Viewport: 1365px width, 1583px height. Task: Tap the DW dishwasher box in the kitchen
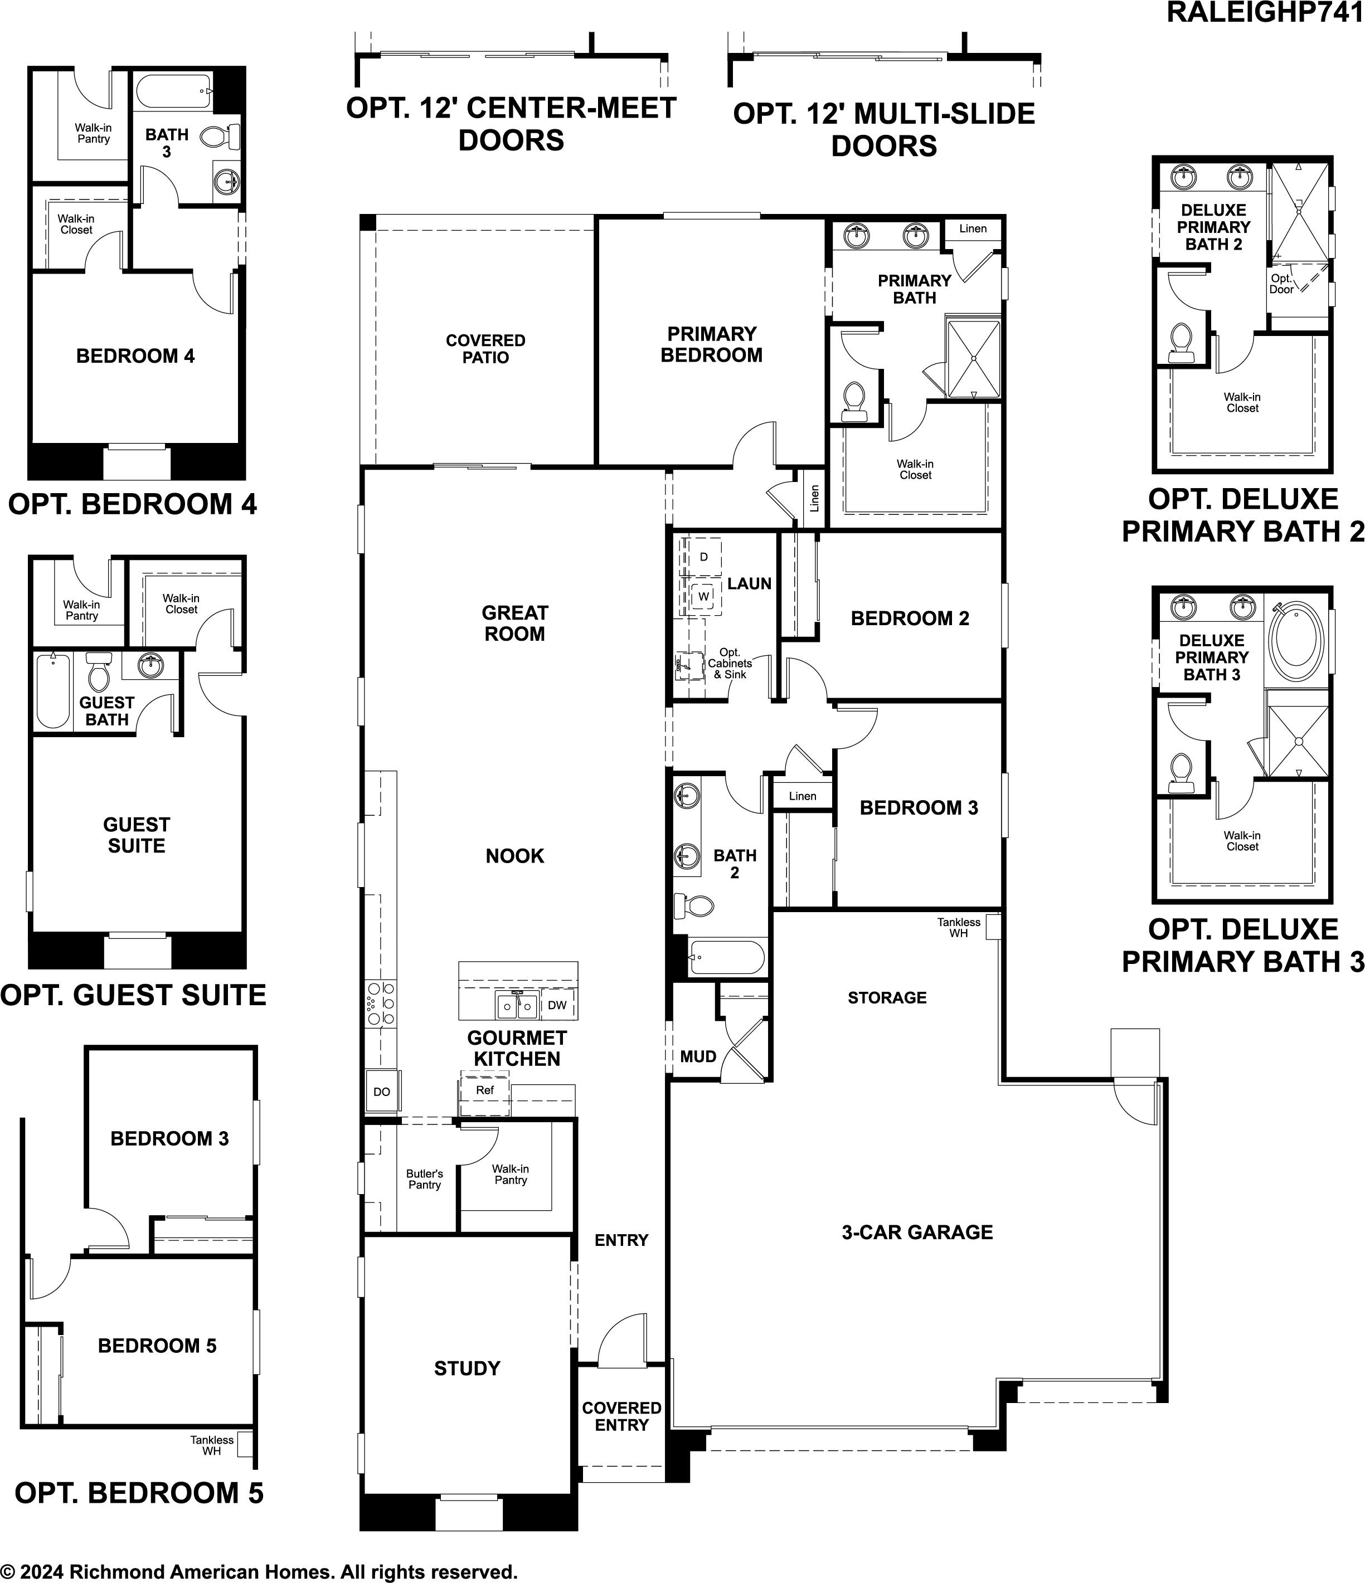[x=557, y=1005]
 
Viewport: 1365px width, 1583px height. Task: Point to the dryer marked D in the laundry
[x=703, y=557]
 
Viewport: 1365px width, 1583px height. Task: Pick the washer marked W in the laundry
[x=703, y=595]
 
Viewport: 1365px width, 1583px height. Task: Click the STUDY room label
[x=467, y=1368]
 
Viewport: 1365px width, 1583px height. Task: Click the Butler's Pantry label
[x=424, y=1179]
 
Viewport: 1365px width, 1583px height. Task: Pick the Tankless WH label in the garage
[x=959, y=928]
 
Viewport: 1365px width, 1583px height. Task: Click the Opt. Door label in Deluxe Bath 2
[x=1282, y=284]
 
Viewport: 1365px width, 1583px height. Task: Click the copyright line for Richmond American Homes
[x=259, y=1571]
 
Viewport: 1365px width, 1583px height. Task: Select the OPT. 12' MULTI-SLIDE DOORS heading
[x=885, y=129]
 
